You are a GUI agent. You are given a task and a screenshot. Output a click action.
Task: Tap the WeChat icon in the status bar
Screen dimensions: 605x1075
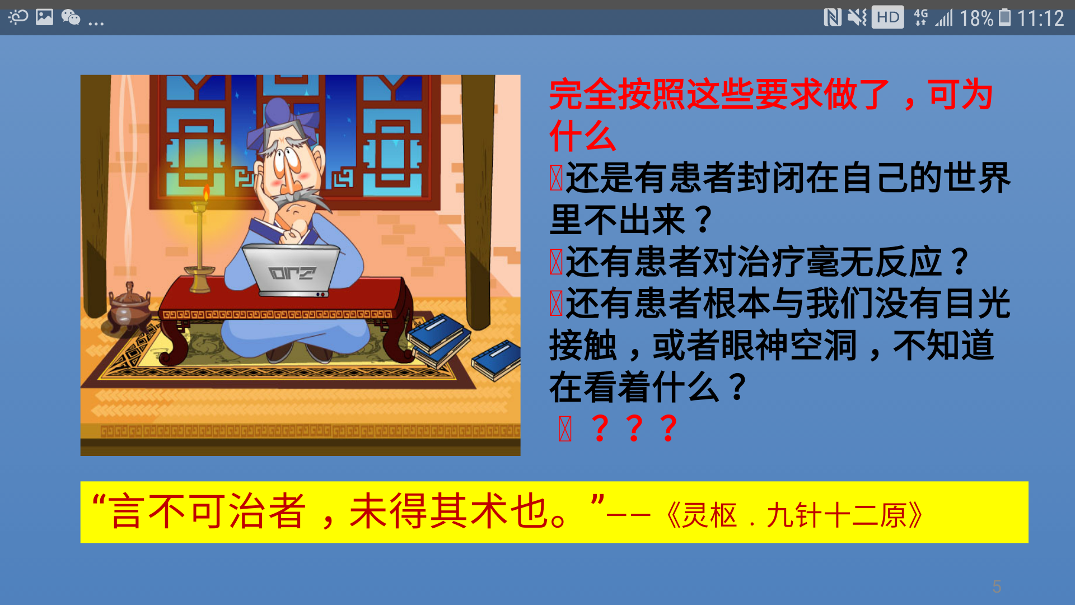pos(71,18)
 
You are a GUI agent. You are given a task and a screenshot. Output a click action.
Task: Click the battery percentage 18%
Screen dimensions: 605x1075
pos(976,18)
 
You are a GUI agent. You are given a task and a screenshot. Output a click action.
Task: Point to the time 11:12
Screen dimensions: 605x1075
pos(1040,18)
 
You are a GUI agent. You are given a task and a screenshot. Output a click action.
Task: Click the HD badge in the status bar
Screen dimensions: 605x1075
pos(887,17)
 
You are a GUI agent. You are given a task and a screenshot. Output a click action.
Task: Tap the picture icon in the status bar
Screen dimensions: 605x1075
pos(44,17)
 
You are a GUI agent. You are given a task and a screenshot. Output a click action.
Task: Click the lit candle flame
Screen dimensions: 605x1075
pos(206,194)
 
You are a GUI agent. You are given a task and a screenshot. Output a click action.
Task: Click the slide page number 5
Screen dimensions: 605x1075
pos(997,587)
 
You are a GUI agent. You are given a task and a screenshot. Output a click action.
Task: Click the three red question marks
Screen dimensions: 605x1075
pos(634,429)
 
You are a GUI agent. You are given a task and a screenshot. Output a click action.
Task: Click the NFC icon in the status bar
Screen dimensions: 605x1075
pos(832,17)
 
